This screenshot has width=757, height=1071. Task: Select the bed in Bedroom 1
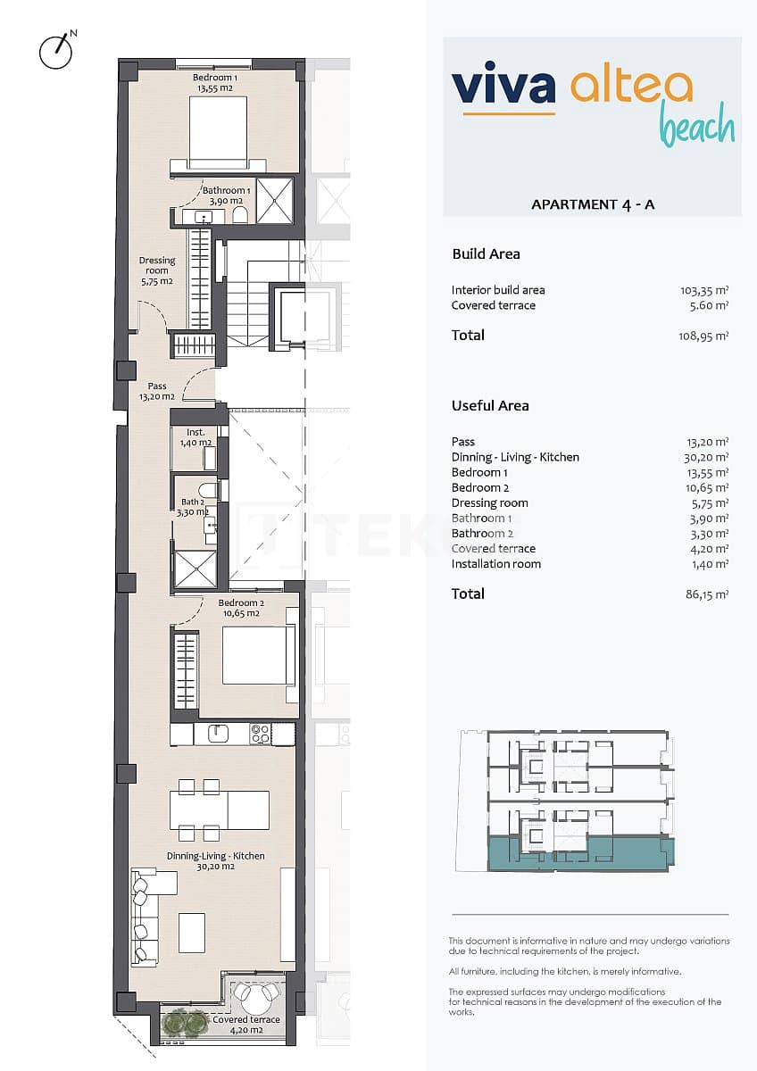coord(218,132)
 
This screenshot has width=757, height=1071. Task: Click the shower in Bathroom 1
coord(275,200)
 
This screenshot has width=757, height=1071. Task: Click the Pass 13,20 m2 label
coord(157,392)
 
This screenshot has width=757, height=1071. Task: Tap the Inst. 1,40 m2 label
coord(195,437)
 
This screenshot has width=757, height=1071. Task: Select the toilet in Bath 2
coord(207,490)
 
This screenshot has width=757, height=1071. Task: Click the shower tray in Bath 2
coord(195,569)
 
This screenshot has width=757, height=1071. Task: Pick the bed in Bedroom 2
coord(257,655)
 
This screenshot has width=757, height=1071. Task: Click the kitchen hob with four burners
coord(261,734)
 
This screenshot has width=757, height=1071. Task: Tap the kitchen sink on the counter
coord(219,734)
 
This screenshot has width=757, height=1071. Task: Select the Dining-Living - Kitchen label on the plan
coord(215,860)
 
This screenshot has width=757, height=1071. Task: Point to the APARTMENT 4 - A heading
coord(593,204)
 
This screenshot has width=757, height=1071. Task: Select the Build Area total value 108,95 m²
coord(703,336)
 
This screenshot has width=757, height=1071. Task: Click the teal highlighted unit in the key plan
coord(580,853)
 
